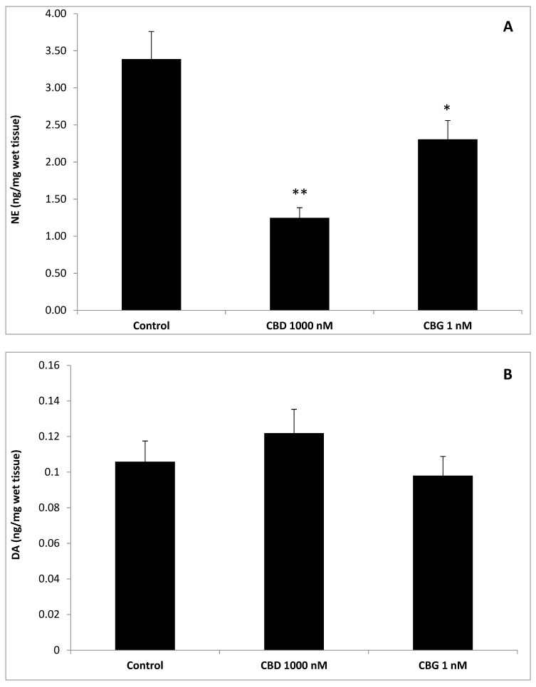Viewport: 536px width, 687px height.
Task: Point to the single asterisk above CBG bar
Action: click(x=447, y=108)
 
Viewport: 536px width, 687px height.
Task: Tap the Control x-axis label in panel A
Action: click(x=151, y=326)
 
